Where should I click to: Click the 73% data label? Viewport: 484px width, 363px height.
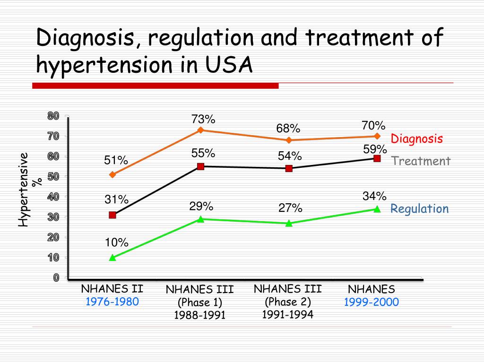click(x=203, y=119)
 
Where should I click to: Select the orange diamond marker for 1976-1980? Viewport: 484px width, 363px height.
click(x=112, y=175)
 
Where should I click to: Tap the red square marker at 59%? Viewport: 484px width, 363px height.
click(x=377, y=158)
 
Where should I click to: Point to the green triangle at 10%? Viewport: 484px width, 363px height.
click(x=112, y=258)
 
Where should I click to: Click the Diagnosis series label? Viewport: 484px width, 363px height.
click(x=416, y=139)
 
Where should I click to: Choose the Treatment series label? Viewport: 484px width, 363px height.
click(x=421, y=161)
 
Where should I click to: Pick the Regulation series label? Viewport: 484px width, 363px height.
click(x=419, y=209)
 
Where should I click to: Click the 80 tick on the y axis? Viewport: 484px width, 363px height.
click(x=53, y=116)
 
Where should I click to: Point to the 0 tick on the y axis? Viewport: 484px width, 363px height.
click(x=56, y=278)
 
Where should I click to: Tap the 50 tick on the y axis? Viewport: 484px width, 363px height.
click(x=53, y=177)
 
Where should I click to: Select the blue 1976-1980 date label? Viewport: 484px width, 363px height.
click(x=112, y=302)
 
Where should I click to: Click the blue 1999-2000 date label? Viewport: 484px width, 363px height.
click(x=372, y=302)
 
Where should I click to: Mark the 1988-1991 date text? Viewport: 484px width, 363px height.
click(x=199, y=315)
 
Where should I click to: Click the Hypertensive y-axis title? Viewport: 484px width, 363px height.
click(x=24, y=189)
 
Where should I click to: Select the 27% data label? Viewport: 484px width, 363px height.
click(x=290, y=208)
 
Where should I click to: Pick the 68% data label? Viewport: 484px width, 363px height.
click(x=288, y=129)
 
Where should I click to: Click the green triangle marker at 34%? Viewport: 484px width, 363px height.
click(x=377, y=209)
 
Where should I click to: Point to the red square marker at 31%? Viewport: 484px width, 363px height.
click(x=112, y=215)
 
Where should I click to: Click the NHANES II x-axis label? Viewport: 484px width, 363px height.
click(x=112, y=289)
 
